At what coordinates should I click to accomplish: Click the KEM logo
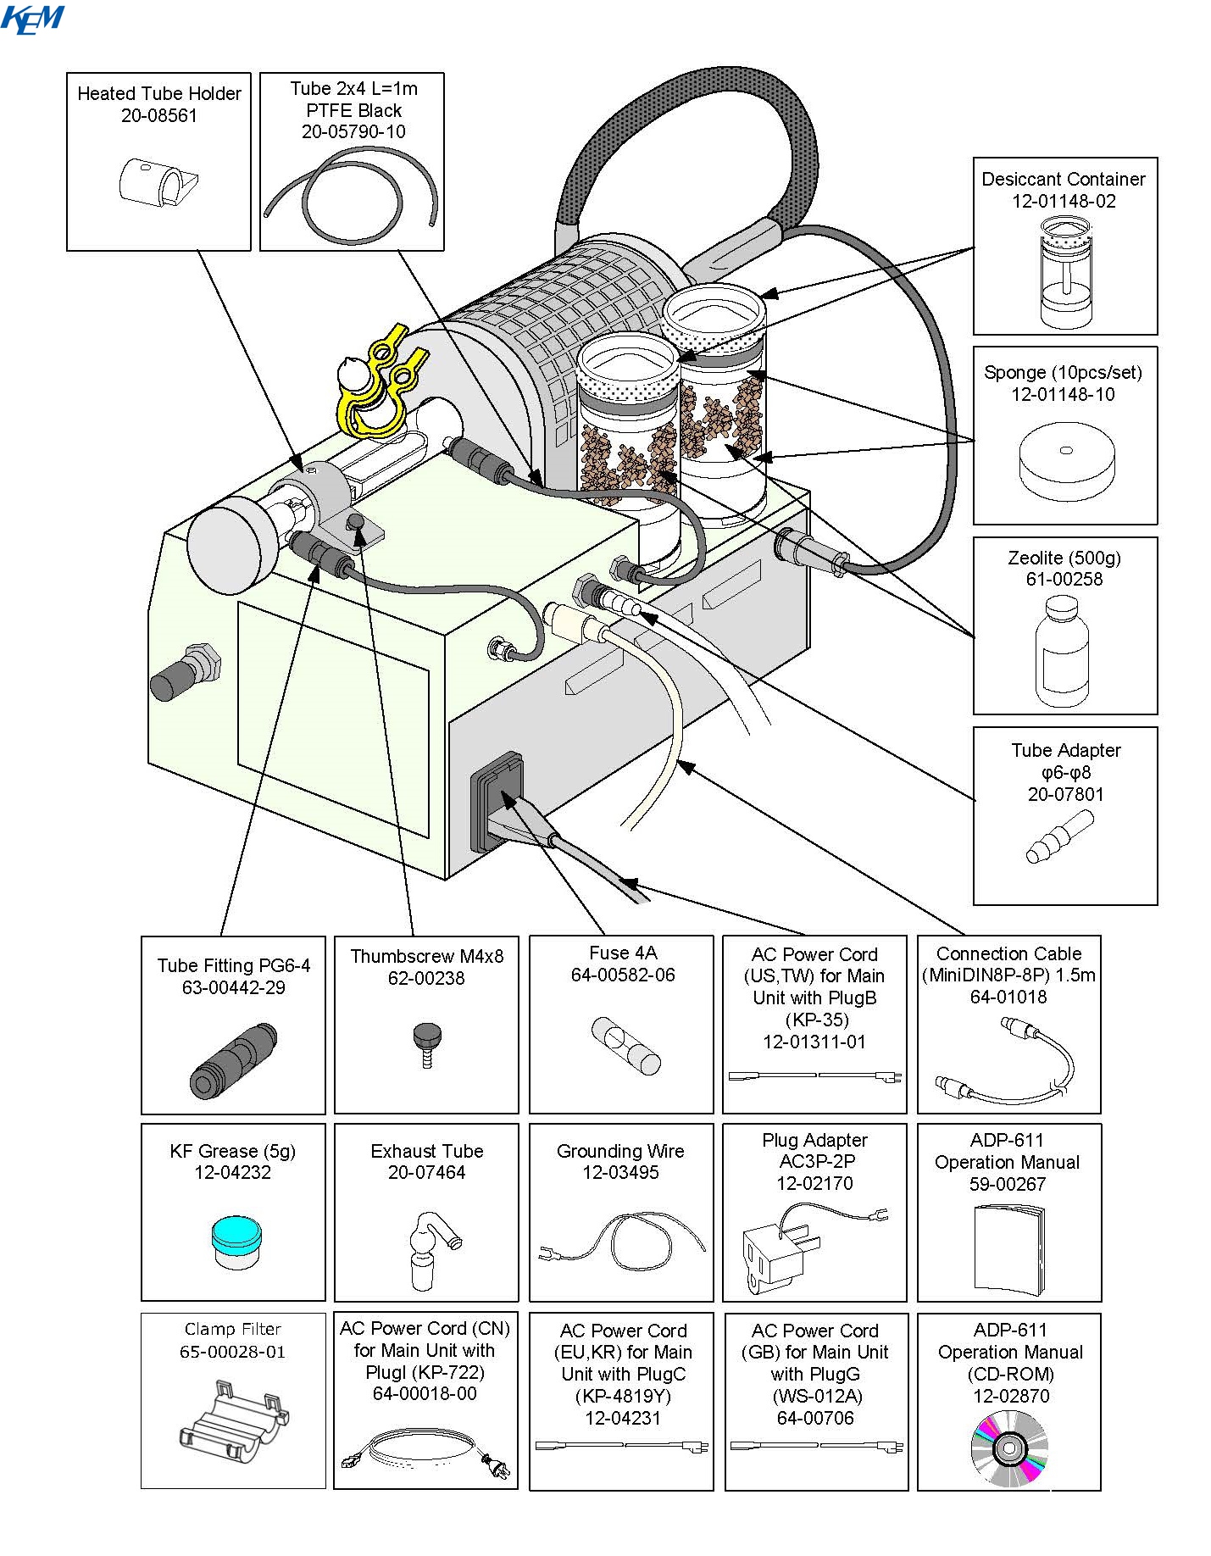point(32,19)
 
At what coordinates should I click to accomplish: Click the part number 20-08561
point(158,116)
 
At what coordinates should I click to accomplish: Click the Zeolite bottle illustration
point(1062,651)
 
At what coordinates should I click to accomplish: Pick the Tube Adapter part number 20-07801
point(1065,794)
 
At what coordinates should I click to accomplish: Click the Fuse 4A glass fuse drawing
point(625,1046)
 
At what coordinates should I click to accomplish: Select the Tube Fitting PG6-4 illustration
point(234,1061)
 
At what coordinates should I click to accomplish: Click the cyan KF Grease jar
point(236,1241)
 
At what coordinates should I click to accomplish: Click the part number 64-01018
point(1008,998)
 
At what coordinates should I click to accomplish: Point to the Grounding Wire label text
point(620,1151)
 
